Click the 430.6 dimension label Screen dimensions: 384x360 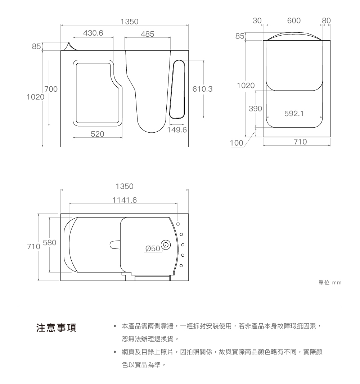pos(93,33)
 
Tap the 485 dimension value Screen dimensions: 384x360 pos(148,34)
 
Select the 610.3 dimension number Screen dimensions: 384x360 pos(203,89)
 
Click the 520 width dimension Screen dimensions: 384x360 pos(97,134)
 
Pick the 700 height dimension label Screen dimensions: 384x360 pos(51,89)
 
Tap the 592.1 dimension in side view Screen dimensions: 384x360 pos(294,114)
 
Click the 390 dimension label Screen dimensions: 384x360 pos(255,108)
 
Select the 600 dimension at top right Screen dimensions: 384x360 pos(294,21)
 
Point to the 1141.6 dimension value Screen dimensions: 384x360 pos(125,200)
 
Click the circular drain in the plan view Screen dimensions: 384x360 pos(166,244)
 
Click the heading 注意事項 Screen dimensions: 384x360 pos(55,328)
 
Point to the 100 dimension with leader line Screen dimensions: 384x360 pos(237,143)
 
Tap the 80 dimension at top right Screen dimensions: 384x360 pos(326,21)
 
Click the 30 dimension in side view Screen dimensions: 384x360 pos(257,21)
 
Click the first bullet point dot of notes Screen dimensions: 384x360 pos(114,326)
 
